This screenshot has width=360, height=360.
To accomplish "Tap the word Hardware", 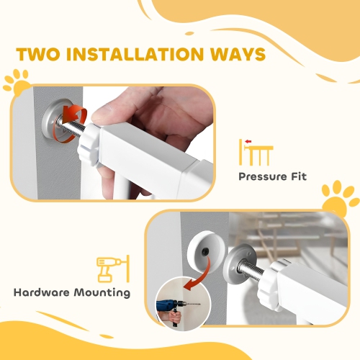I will click(41, 292).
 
